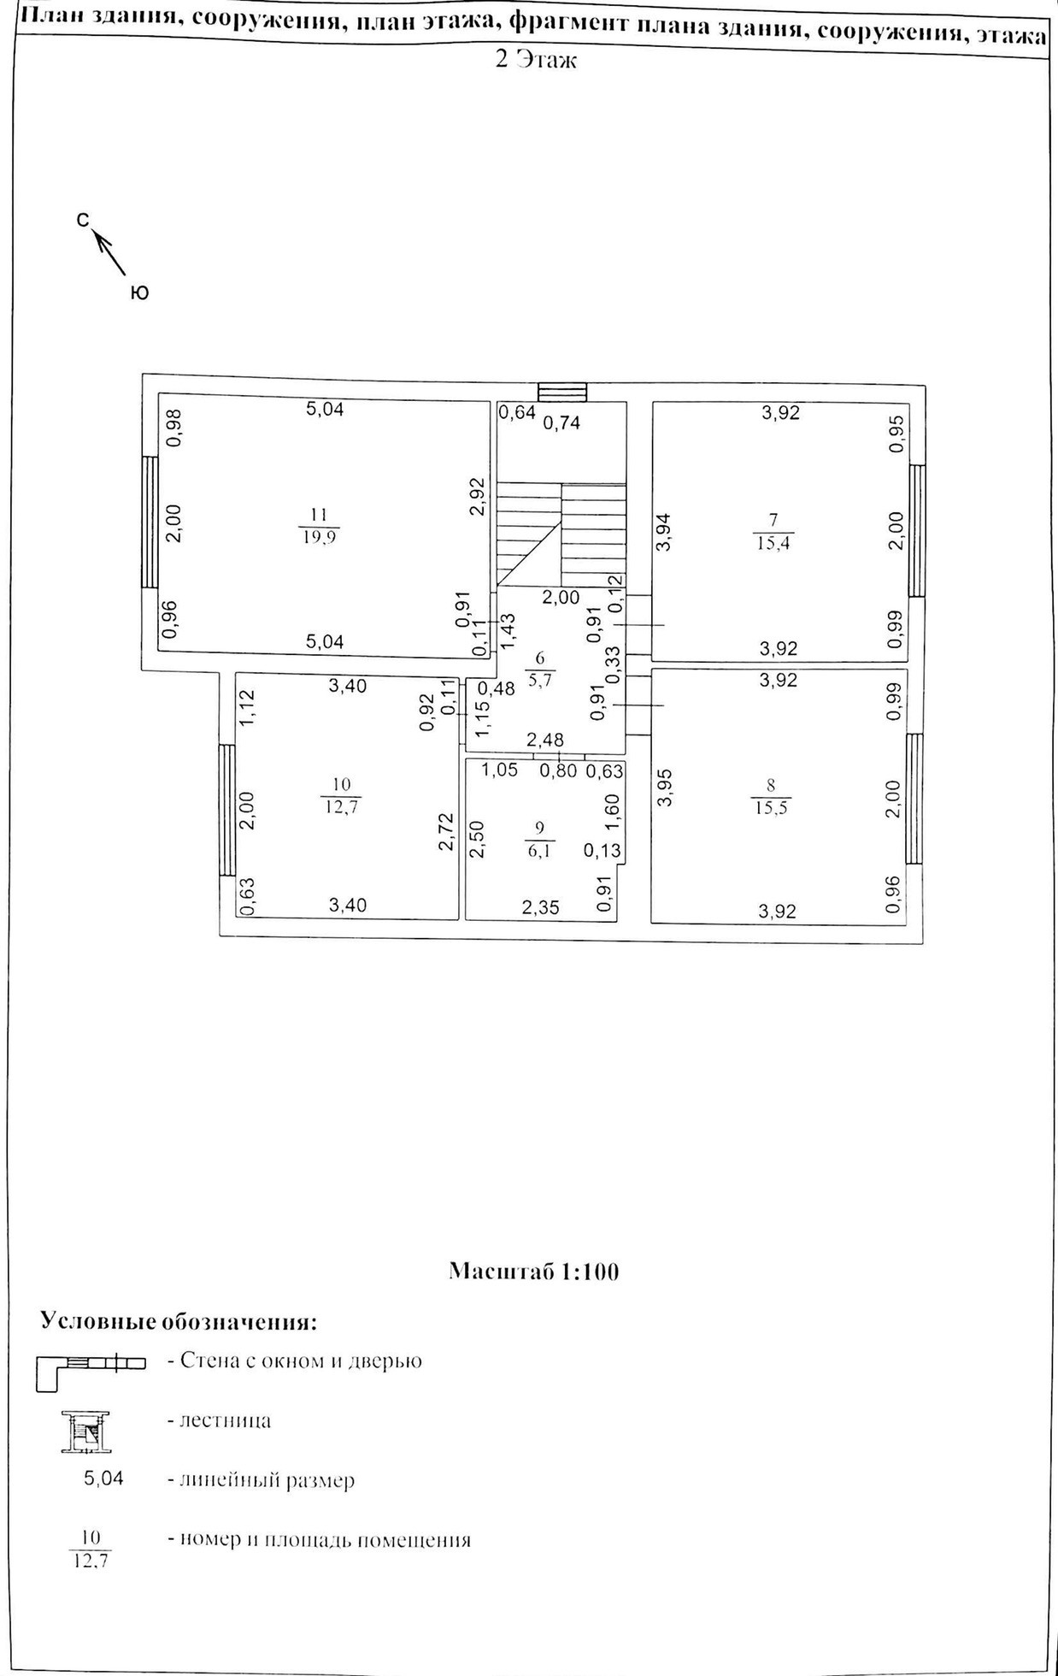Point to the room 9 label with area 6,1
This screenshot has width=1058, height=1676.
538,839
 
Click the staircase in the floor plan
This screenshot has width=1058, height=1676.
561,530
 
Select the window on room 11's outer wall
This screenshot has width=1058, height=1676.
150,522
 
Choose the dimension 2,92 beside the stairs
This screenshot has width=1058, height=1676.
478,497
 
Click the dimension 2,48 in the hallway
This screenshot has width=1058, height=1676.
544,740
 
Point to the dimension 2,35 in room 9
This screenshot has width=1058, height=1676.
540,907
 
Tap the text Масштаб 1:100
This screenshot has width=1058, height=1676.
533,1272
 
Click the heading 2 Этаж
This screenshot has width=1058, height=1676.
536,61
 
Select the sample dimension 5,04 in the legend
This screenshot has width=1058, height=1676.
103,1478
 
